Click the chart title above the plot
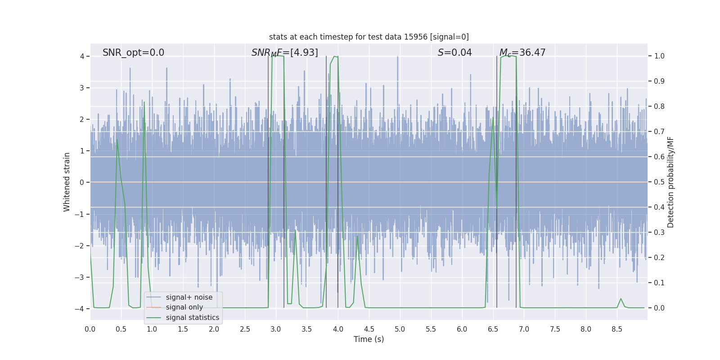coord(369,37)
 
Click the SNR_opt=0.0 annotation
coord(133,53)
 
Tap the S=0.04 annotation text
coord(454,53)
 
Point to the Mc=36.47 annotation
coord(522,53)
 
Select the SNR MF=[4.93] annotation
coord(284,53)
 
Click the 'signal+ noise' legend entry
coord(189,297)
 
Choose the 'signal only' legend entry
coord(184,307)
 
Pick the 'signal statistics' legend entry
coord(192,318)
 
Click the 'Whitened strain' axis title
coord(67,182)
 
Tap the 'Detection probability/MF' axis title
coord(670,182)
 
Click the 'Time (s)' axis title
coord(369,339)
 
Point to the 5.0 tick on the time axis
coord(400,329)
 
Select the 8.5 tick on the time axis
coord(616,329)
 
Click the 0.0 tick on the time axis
coord(90,329)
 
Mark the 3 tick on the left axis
coord(82,88)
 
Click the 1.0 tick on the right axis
coord(659,56)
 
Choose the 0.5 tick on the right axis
coord(659,182)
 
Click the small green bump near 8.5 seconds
coord(621,299)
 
